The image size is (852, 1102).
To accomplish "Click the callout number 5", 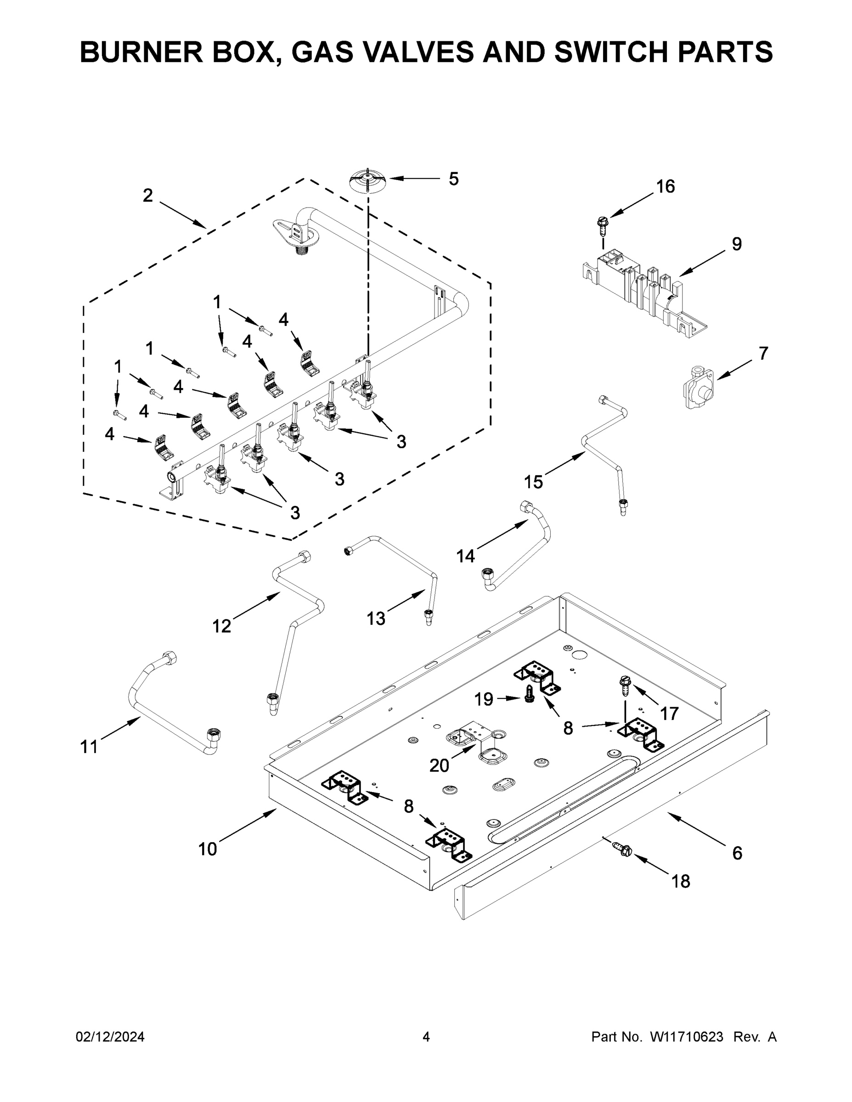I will coord(453,179).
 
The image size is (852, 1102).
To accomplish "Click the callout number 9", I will coord(736,244).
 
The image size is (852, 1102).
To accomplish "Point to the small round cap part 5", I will coord(368,180).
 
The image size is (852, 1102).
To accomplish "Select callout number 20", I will coord(439,765).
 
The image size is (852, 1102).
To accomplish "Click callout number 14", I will coord(465,556).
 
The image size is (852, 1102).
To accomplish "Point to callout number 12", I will coord(221,626).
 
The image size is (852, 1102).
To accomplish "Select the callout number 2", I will coord(147,195).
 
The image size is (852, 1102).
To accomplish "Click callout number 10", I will coord(207,849).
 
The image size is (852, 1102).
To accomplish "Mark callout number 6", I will coord(737,853).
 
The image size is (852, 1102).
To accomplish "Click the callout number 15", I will coord(533,482).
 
